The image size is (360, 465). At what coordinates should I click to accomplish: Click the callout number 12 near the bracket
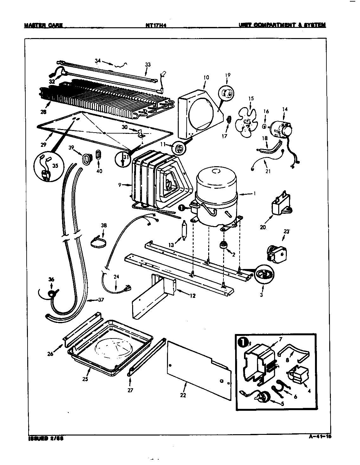point(192,296)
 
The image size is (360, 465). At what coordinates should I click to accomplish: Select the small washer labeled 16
point(264,127)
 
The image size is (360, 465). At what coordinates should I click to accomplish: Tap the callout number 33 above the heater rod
point(148,65)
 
